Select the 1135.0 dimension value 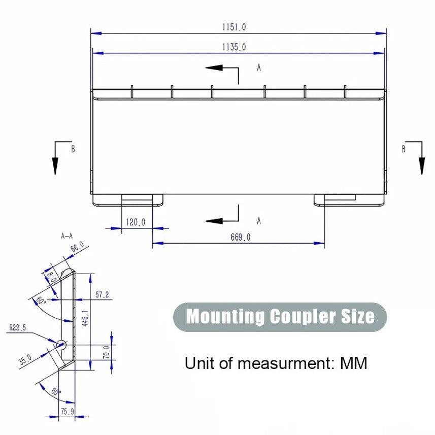coord(234,47)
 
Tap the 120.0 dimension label coord(135,222)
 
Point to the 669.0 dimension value coord(240,237)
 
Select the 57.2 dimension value coord(102,295)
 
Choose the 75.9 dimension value coord(67,412)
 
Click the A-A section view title coord(67,236)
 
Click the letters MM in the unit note coord(353,363)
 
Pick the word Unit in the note coord(198,363)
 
